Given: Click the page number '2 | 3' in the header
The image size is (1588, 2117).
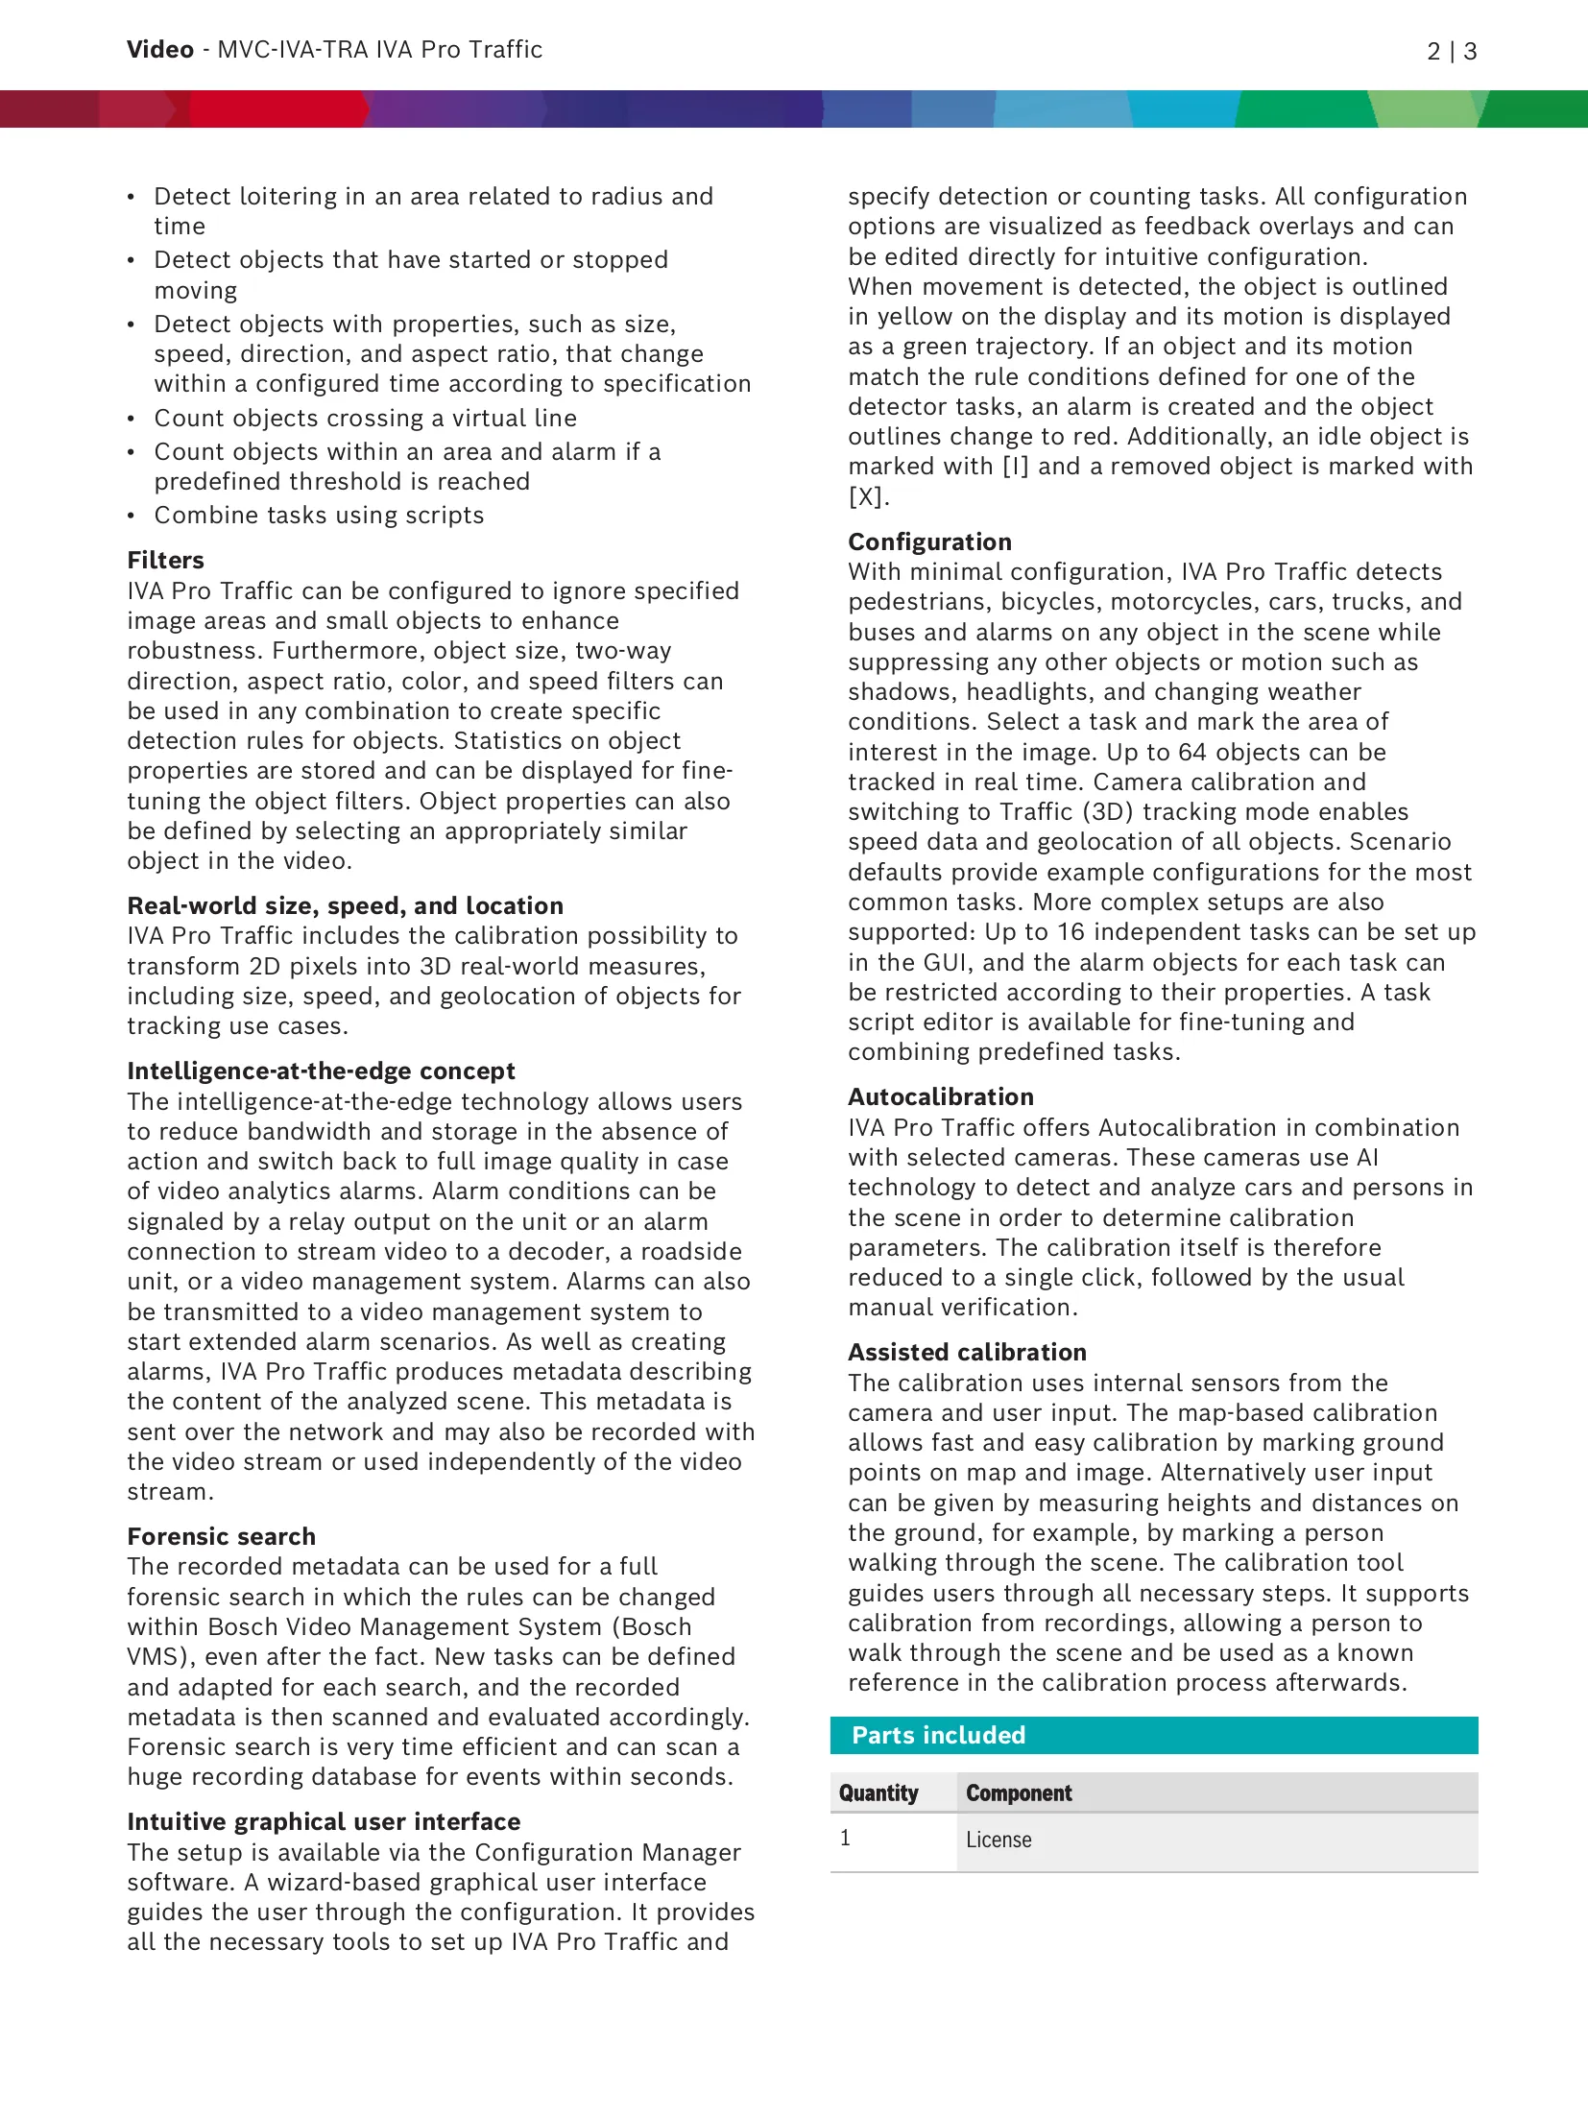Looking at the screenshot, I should [1451, 51].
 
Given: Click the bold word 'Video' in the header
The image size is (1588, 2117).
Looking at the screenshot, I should [160, 50].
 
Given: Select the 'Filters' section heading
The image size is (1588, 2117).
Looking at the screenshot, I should [166, 560].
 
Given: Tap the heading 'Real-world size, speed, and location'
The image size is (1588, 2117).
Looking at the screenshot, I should [346, 905].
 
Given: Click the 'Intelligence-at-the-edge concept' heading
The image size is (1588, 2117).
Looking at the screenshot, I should [322, 1071].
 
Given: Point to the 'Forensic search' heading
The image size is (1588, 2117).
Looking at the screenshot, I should [222, 1536].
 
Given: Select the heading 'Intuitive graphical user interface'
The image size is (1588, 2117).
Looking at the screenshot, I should [325, 1821].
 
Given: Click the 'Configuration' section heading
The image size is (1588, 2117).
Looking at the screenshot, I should [929, 541].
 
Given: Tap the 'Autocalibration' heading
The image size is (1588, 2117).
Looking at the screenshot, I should [941, 1096].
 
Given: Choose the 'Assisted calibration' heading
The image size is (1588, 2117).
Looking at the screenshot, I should [967, 1352].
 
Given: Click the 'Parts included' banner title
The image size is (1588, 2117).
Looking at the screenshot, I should [939, 1735].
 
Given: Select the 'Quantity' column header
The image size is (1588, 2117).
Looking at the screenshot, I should [878, 1792].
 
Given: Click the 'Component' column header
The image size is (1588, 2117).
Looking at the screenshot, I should [1019, 1792].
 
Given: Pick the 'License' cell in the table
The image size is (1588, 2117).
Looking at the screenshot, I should [999, 1840].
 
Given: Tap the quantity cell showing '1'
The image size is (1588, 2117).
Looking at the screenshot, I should [845, 1838].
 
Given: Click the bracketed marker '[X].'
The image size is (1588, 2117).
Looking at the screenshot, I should [868, 496].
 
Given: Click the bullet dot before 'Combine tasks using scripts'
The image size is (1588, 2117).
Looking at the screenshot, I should [132, 516].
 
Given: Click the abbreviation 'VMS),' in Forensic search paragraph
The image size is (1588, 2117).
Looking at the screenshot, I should [160, 1656].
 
